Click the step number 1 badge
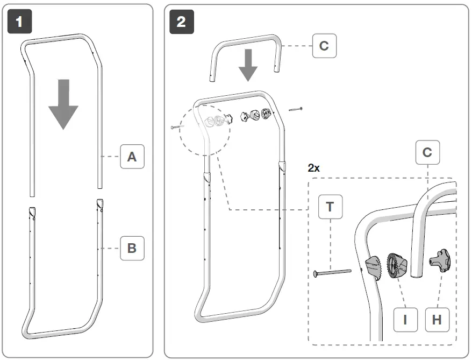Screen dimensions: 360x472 pos(20,22)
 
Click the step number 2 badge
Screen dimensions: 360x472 pos(181,22)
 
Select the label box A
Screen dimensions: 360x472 pos(132,157)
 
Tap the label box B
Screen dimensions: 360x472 pos(132,248)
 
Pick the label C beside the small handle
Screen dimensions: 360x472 pos(324,46)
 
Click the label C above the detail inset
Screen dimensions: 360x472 pos(427,153)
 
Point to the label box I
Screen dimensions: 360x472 pos(405,320)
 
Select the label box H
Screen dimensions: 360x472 pos(437,320)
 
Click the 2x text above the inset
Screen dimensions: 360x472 pos(314,168)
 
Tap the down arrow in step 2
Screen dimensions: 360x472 pos(248,65)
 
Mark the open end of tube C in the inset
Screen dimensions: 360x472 pos(415,275)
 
